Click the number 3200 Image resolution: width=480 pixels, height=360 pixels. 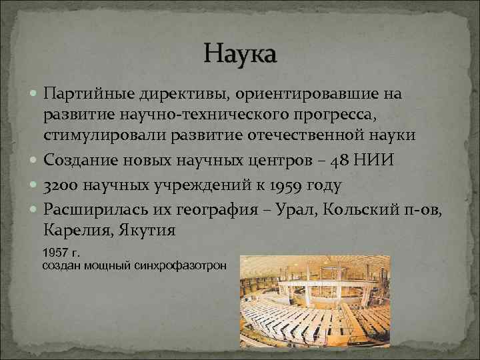(61, 185)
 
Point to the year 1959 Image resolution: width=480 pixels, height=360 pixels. (282, 185)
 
